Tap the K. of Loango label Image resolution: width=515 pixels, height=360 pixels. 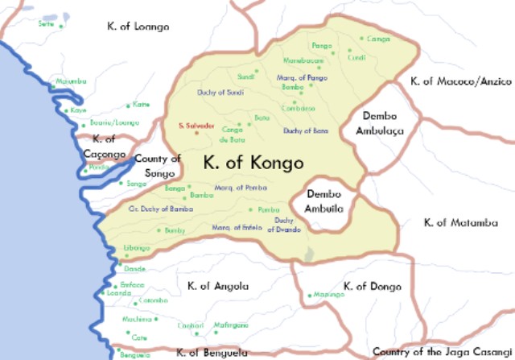point(138,27)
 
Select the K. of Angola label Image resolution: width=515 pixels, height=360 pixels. point(217,286)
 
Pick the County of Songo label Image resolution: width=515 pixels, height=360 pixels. point(158,166)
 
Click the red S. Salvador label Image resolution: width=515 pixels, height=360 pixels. point(196,126)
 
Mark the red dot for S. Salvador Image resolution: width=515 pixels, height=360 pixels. point(196,134)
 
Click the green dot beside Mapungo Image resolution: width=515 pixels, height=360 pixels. point(309,295)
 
